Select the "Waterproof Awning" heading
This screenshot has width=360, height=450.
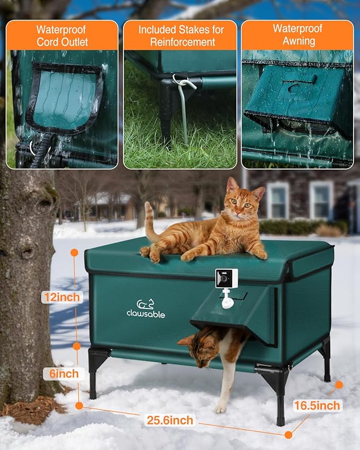(x=297, y=35)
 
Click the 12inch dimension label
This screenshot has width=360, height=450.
(x=62, y=297)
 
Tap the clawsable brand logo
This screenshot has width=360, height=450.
(x=145, y=309)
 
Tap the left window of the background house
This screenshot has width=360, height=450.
(x=277, y=200)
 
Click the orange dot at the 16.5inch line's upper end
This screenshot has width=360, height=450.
(x=339, y=385)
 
